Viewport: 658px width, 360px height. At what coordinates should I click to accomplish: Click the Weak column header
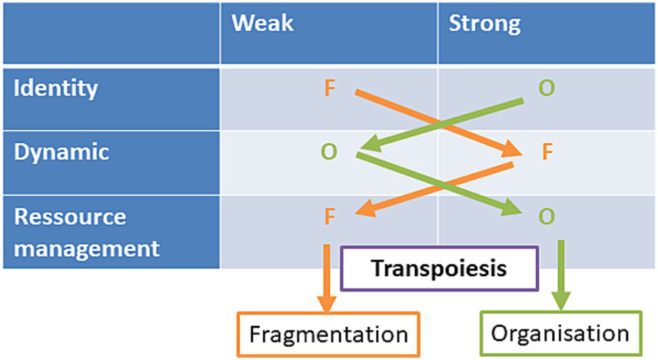coord(263,24)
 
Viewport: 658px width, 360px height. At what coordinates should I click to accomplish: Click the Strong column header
coord(484,24)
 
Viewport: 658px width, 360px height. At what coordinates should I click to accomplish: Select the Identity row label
coord(56,88)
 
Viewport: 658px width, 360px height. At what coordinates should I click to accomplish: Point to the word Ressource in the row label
coord(69,217)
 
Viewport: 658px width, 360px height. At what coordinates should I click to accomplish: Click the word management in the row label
coord(86,248)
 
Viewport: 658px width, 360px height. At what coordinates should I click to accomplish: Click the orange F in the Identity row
coord(330,88)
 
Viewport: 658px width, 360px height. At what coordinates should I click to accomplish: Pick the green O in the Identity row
coord(546,88)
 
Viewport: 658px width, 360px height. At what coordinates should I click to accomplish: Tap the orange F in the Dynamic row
coord(547,152)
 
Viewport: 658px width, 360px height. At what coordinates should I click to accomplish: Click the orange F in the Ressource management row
coord(330,217)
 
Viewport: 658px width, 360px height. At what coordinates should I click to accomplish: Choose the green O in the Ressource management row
coord(546,217)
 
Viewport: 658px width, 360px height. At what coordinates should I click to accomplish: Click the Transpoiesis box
coord(439,269)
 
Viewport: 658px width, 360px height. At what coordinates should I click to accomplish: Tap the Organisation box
coord(560,334)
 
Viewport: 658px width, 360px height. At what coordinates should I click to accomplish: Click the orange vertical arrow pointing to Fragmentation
coord(327,277)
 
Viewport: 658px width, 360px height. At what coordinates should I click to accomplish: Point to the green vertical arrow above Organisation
coord(560,273)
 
